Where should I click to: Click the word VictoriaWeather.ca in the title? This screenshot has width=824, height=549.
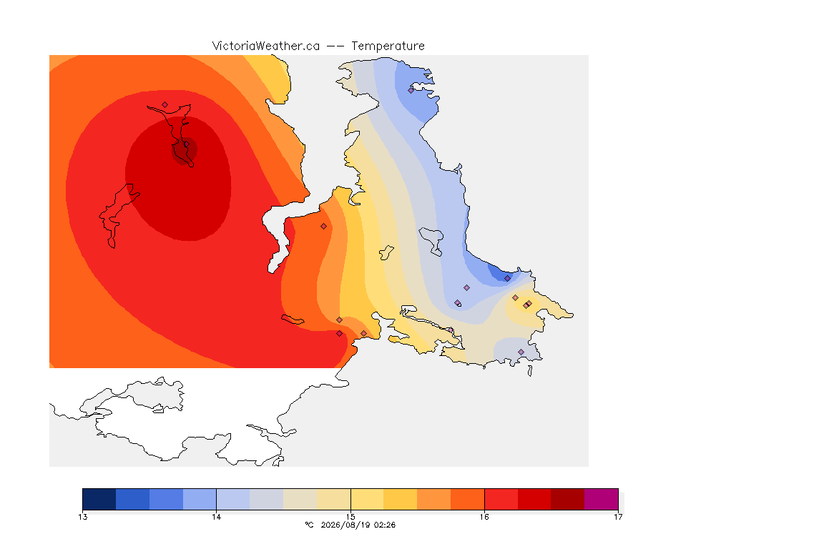point(266,46)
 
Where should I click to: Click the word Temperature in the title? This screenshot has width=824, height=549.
point(388,46)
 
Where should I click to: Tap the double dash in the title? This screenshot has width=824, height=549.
point(335,46)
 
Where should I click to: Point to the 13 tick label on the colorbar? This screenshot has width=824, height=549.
point(82,517)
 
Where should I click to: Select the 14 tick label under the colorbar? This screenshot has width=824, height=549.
point(217,517)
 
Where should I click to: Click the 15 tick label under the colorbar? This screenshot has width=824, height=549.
point(350,517)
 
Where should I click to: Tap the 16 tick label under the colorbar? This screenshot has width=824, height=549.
point(484,517)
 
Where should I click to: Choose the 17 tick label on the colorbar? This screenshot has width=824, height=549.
point(618,517)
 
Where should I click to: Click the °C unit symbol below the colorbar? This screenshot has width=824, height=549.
point(309,525)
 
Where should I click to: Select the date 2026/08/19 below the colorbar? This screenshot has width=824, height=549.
point(345,525)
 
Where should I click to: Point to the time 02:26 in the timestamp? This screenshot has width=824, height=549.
point(384,525)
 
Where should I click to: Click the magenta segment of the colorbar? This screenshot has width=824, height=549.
point(601,499)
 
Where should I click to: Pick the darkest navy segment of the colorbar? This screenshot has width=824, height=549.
point(99,499)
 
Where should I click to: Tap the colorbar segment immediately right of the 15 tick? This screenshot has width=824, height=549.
point(368,499)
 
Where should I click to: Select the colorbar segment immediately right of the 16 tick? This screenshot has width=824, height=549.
point(501,499)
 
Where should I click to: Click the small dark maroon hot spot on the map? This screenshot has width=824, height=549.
point(185,152)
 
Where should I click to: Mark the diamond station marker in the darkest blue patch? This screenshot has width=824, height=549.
point(507,279)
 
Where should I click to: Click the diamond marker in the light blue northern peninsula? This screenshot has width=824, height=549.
point(411,90)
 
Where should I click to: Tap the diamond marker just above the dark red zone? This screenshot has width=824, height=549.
point(165,105)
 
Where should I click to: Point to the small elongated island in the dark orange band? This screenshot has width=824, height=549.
point(293,320)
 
